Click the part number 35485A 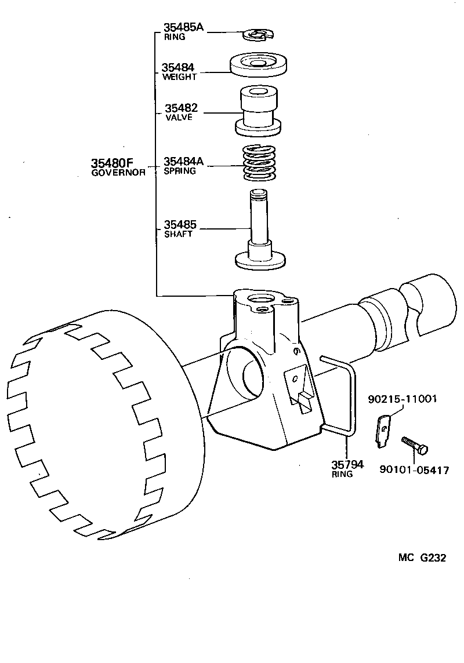tap(183, 27)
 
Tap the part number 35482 tap(181, 108)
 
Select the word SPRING tap(180, 171)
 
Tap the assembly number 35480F tap(112, 163)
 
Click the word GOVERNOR tap(118, 173)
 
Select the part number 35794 tap(347, 465)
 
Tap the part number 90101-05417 tap(414, 471)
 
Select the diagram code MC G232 tap(422, 558)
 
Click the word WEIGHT tap(180, 77)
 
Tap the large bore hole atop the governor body tap(258, 300)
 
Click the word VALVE tap(178, 118)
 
